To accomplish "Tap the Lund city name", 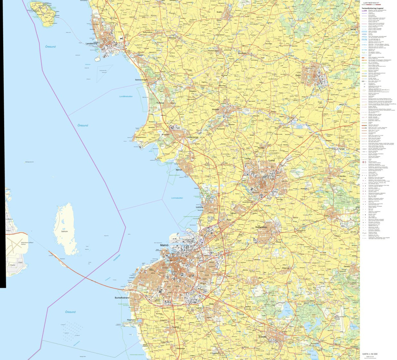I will pyautogui.click(x=271, y=160).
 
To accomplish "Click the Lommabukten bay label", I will pyautogui.click(x=177, y=198).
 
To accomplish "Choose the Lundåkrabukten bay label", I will pyautogui.click(x=126, y=96).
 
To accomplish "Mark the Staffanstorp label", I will pyautogui.click(x=263, y=227).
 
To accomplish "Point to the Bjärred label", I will pyautogui.click(x=179, y=170).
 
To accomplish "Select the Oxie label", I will pyautogui.click(x=211, y=303).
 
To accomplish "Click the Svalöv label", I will pyautogui.click(x=219, y=12).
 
